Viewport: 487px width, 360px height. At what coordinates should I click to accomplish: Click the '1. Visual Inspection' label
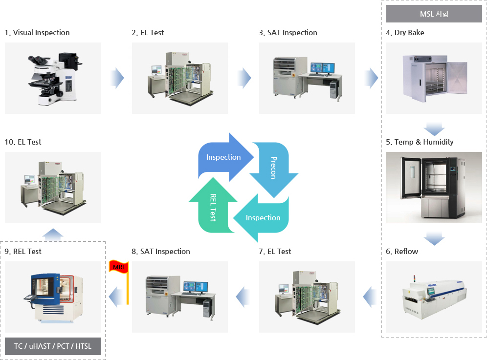[37, 33]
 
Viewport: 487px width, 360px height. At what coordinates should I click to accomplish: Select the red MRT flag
[117, 267]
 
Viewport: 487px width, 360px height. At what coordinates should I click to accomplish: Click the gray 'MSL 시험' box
[434, 14]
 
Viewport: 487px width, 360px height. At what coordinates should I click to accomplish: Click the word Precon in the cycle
[274, 168]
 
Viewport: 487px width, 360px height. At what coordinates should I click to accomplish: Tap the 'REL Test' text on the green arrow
[213, 207]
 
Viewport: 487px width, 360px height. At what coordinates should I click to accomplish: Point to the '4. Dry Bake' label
[405, 33]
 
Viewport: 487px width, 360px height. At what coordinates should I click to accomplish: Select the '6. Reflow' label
[402, 252]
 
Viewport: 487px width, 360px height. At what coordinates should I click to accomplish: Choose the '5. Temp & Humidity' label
[420, 142]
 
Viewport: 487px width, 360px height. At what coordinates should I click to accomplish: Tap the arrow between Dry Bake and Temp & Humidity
[434, 129]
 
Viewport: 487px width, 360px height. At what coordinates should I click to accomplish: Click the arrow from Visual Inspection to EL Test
[116, 78]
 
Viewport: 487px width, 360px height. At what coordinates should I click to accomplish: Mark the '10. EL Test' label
[23, 142]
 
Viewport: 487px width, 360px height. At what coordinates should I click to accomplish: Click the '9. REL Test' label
[23, 252]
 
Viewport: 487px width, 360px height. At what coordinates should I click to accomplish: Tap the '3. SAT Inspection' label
[288, 33]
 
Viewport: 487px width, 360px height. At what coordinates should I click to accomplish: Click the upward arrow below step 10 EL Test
[53, 234]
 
